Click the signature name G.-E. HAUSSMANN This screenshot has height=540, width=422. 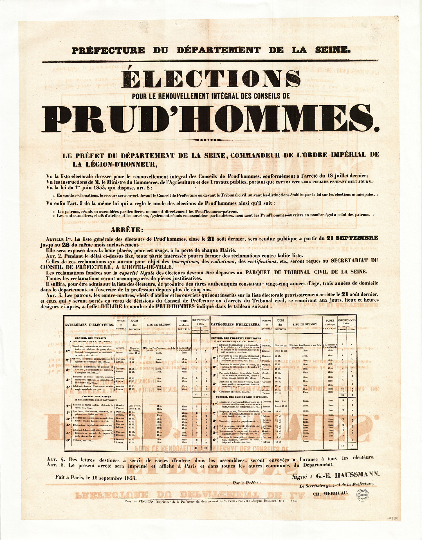click(348, 475)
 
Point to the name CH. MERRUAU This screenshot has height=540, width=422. click(330, 493)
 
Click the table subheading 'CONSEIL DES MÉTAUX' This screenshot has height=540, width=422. click(91, 338)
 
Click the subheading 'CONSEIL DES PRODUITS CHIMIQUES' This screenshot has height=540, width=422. click(236, 338)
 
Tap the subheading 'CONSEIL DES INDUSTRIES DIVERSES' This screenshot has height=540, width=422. click(242, 397)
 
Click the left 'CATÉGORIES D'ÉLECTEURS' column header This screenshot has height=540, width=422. click(89, 325)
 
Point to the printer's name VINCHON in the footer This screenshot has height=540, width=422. click(143, 501)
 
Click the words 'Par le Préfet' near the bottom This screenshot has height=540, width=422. click(247, 483)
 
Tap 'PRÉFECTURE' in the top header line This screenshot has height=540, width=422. click(108, 51)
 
